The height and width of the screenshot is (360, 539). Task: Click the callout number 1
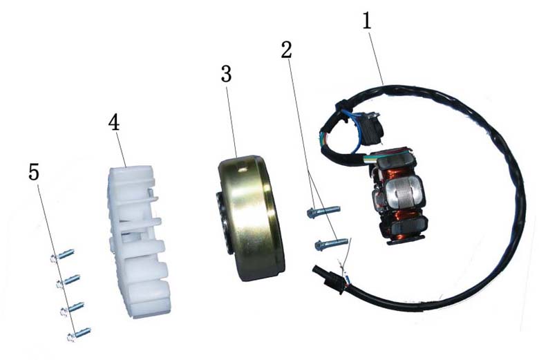367,21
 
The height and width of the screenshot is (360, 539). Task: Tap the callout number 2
286,50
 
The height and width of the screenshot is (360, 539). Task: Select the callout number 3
226,73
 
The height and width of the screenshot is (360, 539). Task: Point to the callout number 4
114,122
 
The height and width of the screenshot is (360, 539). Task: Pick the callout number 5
34,171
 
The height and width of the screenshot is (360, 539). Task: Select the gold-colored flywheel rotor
251,218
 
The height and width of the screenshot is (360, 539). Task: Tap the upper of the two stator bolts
323,211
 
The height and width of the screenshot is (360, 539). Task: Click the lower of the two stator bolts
332,243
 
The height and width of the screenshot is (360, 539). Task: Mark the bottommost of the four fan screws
79,334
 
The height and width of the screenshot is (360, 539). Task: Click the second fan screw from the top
68,281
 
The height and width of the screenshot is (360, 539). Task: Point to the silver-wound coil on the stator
405,194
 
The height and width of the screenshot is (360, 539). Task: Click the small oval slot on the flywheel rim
243,169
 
